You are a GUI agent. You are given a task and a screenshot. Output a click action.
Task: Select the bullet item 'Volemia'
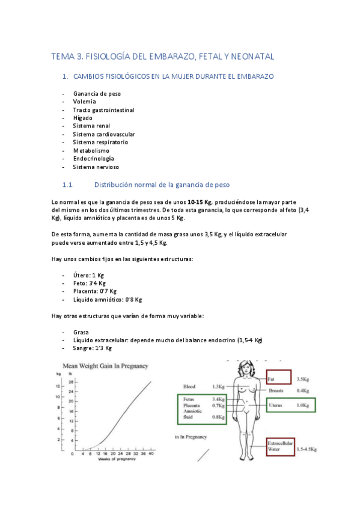[85, 102]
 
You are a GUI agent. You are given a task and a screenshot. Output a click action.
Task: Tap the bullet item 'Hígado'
[83, 118]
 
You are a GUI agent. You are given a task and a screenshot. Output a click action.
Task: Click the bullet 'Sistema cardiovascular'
[104, 134]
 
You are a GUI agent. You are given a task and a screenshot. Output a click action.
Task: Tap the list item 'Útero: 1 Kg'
[89, 275]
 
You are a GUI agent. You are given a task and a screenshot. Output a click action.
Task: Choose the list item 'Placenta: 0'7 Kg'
[95, 291]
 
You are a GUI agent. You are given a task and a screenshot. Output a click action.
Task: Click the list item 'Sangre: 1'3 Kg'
[93, 348]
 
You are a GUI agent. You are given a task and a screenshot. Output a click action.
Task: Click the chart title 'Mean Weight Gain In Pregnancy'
[106, 365]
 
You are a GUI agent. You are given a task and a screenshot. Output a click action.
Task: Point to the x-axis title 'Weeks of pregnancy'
[109, 459]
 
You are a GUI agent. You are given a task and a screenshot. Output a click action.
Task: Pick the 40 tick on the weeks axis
[151, 453]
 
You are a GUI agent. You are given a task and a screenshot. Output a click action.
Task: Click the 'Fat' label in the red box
[271, 379]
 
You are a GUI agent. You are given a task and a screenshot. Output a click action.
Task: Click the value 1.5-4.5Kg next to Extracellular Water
[307, 449]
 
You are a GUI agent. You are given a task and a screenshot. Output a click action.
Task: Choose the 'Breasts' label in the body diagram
[276, 390]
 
